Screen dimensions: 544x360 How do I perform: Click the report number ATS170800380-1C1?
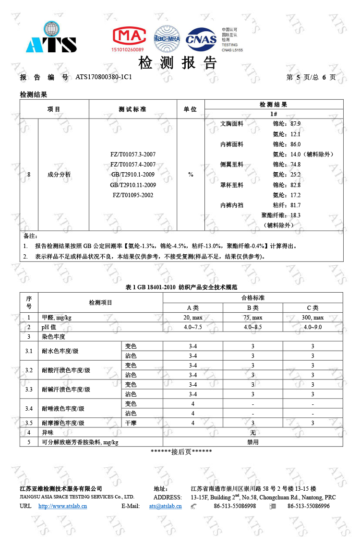104,77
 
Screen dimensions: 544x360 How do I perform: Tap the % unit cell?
191,175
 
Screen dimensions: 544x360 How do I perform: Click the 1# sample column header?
274,114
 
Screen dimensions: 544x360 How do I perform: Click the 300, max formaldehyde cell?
312,318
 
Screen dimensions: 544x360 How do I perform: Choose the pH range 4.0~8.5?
252,327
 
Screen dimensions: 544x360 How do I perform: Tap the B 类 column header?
252,308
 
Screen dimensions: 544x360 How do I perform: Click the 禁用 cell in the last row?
252,442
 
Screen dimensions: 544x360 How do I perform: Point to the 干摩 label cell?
131,423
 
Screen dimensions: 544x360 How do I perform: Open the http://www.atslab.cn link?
62,506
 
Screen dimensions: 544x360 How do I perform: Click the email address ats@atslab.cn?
165,506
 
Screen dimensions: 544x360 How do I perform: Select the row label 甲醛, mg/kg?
57,318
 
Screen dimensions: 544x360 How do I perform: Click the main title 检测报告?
178,63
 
